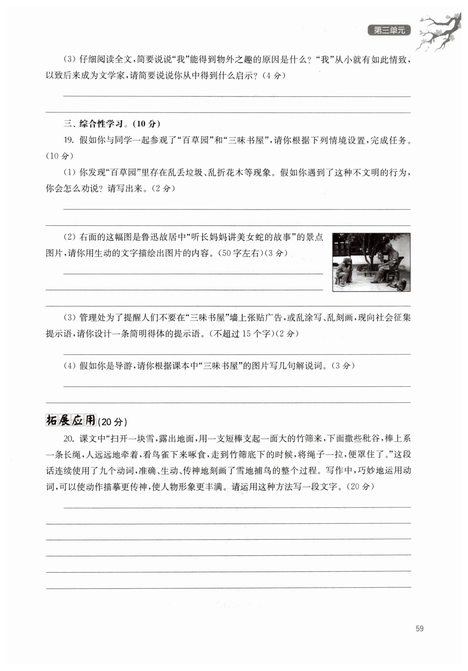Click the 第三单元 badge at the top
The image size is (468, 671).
389,31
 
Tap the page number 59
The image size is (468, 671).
419,628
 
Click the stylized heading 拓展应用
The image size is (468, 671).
71,420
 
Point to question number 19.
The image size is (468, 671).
69,140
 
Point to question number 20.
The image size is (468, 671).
69,438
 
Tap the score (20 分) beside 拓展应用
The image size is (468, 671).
112,422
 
